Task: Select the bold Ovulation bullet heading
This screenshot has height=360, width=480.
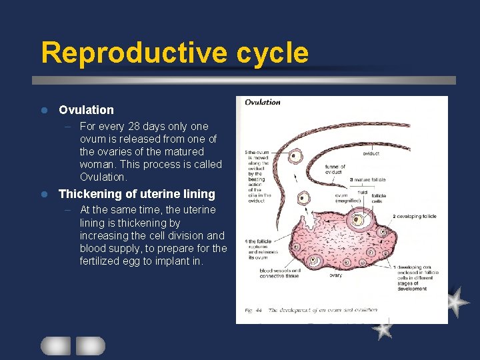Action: point(86,110)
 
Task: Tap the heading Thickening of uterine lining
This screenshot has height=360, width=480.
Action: point(137,194)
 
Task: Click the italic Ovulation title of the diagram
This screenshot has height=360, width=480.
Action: point(263,102)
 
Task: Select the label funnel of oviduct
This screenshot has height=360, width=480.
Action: point(335,169)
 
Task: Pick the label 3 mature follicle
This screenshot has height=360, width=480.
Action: point(371,180)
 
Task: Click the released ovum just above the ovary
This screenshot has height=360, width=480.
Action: point(305,198)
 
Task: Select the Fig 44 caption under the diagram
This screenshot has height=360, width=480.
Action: point(311,310)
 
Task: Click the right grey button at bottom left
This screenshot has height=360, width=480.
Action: point(90,345)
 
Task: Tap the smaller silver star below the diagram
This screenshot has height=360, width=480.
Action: point(382,328)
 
